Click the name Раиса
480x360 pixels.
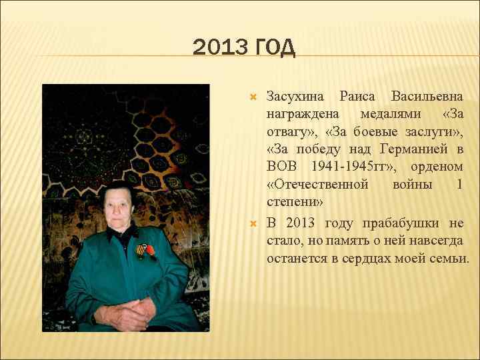[x=357, y=97]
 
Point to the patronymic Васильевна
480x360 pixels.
[x=427, y=97]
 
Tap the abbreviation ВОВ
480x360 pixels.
[x=283, y=166]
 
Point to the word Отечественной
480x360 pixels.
[x=317, y=183]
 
